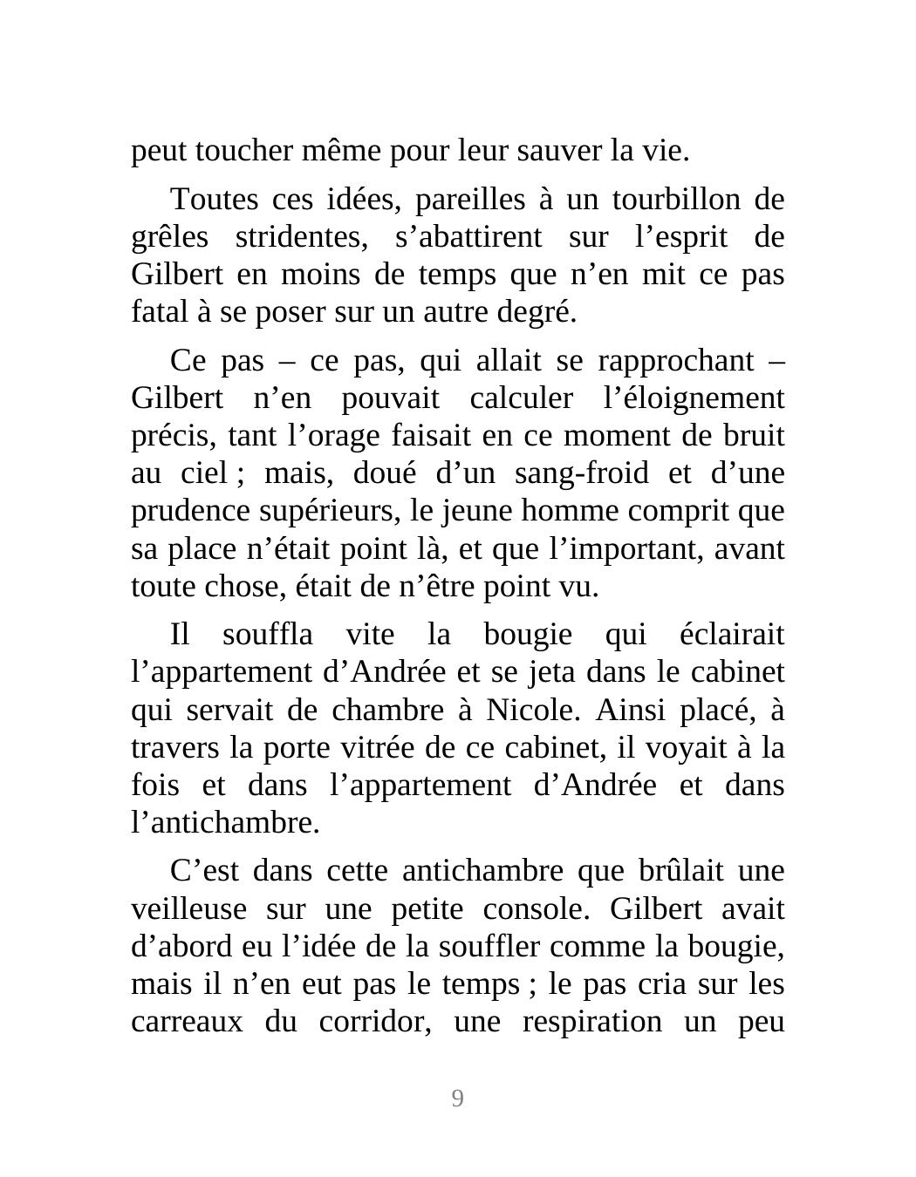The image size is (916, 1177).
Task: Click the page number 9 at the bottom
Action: pyautogui.click(x=457, y=1099)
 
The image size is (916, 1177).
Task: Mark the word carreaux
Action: pyautogui.click(x=186, y=1022)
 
